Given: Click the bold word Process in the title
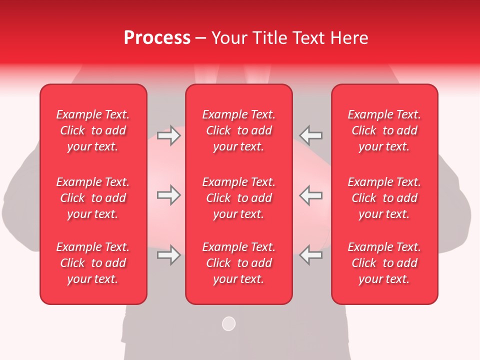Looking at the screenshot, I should [157, 38].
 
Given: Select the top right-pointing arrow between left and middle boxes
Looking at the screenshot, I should [168, 135].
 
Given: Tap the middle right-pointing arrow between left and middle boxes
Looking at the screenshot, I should [168, 195].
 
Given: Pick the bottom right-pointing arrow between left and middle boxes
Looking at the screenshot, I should [168, 255].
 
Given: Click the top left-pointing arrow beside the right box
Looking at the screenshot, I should [311, 135].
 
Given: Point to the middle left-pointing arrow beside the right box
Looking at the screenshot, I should [311, 195].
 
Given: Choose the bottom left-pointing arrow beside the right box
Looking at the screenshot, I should [311, 255].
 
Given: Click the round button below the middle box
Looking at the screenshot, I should [228, 323].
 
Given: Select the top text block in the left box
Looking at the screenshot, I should [93, 130].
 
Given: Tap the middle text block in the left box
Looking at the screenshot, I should [93, 198].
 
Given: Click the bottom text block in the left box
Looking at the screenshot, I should [93, 263].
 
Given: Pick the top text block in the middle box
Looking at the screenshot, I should [238, 130].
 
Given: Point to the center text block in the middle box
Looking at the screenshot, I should [238, 198].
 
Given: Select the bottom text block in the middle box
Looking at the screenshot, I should [238, 263].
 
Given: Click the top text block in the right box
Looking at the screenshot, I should [384, 130].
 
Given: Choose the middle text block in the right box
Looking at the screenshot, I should [384, 198].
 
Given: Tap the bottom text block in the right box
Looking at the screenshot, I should [384, 263].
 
